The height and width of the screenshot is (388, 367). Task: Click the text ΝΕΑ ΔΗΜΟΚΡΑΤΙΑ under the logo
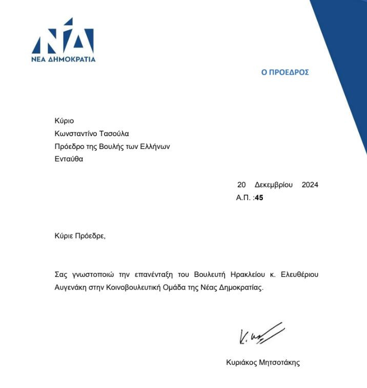[63, 59]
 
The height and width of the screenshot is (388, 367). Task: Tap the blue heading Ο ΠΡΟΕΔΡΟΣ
[285, 73]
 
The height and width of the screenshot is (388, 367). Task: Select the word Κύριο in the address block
[64, 121]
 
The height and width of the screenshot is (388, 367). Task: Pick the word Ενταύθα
[69, 159]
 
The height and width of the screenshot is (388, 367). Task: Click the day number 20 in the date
[241, 185]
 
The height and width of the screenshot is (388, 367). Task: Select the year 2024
[310, 185]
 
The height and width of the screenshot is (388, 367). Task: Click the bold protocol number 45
[259, 197]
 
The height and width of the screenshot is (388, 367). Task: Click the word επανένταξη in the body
[153, 275]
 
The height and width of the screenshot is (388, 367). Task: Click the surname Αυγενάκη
[71, 288]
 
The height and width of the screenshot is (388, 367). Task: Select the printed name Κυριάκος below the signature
[242, 362]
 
